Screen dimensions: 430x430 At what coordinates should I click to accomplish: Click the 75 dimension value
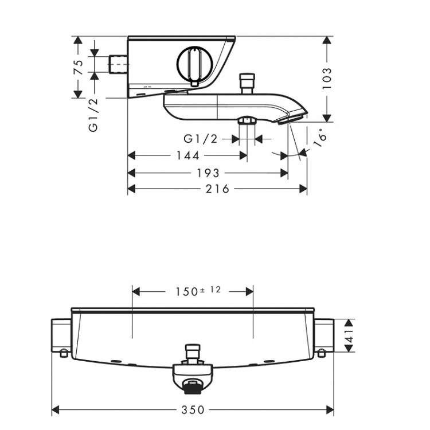79,68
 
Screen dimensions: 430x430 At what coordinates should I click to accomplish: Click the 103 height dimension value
327,78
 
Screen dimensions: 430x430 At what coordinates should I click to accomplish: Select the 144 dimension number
188,156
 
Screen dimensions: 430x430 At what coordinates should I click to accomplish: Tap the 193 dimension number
209,173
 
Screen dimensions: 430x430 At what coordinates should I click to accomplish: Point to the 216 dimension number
217,189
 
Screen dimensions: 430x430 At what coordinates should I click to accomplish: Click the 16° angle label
320,138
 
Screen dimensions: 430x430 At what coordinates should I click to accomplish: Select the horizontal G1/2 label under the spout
201,139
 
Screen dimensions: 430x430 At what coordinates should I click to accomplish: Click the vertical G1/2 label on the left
93,115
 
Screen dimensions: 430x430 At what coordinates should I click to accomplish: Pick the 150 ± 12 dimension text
198,291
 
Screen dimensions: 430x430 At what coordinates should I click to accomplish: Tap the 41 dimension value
350,335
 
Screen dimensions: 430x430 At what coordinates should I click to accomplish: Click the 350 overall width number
193,410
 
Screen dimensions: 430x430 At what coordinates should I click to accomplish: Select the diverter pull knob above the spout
247,84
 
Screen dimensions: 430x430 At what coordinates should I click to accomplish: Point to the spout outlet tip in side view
292,120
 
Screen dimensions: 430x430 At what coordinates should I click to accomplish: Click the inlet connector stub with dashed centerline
118,65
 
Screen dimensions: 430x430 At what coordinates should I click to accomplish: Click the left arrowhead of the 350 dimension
56,410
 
